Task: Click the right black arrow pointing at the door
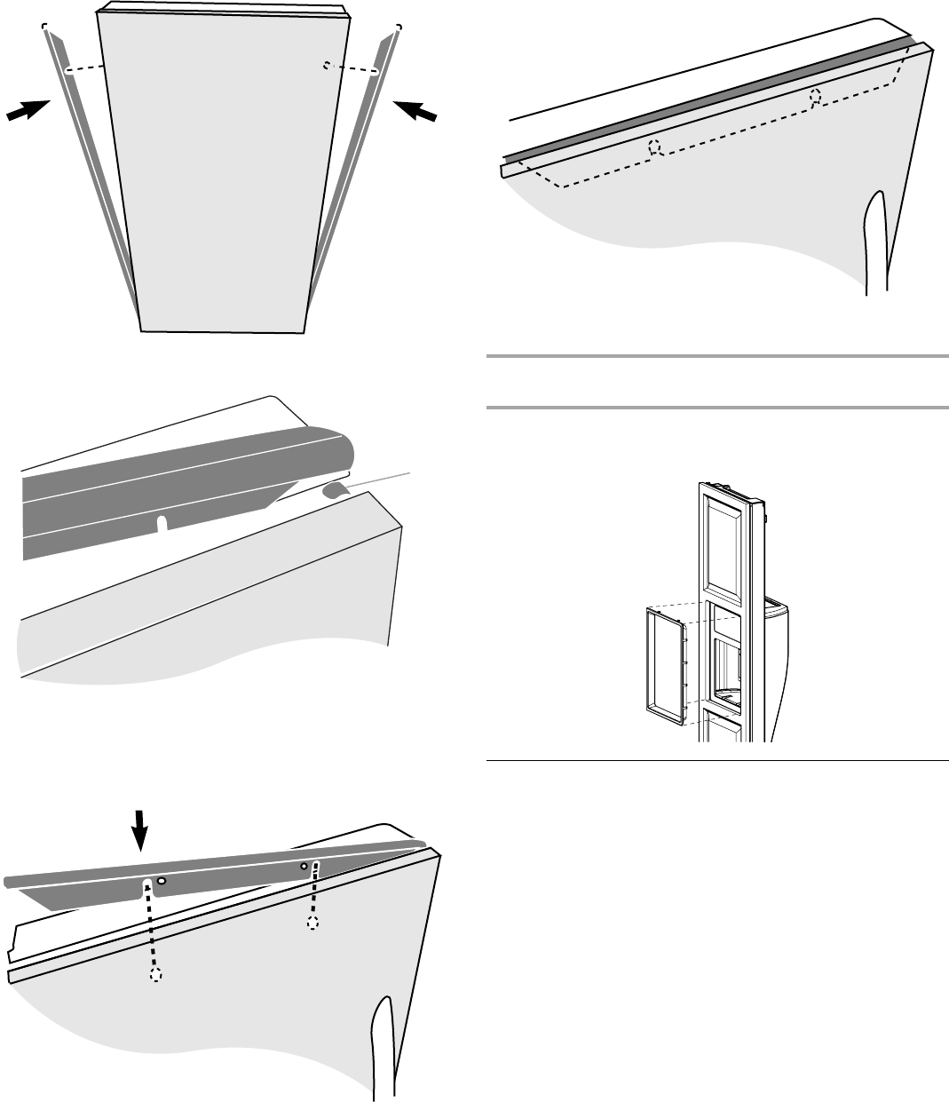point(415,112)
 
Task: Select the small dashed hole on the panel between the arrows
point(328,65)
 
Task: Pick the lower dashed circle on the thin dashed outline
point(655,147)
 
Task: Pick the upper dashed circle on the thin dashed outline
point(816,99)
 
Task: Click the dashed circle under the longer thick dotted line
point(155,974)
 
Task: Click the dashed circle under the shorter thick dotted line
point(312,924)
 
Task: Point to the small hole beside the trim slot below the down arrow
point(162,881)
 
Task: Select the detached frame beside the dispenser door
point(665,662)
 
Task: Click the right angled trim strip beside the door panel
point(351,178)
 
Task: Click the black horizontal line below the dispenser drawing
point(717,760)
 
